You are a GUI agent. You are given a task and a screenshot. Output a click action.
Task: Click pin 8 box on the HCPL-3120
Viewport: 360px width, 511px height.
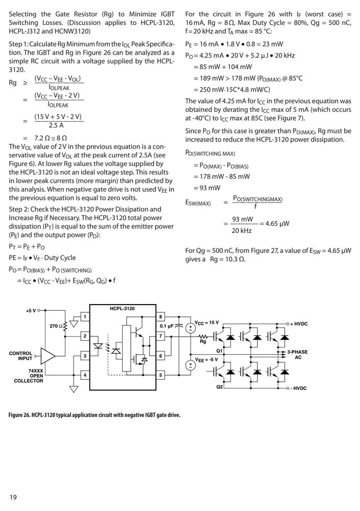point(161,317)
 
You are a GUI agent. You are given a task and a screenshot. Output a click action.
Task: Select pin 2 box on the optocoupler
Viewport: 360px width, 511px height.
point(85,336)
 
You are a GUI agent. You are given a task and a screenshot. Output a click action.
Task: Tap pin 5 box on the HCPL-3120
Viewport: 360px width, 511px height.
point(161,375)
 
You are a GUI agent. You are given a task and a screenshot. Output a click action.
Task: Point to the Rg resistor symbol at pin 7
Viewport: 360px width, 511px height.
point(203,336)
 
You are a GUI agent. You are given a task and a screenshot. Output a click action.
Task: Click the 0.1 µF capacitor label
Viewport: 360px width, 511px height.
point(167,326)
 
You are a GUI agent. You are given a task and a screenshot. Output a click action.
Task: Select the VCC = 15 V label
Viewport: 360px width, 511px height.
point(206,322)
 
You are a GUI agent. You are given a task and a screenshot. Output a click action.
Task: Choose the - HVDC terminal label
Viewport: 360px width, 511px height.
point(298,388)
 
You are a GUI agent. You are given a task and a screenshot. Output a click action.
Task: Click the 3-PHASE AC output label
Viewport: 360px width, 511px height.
point(298,355)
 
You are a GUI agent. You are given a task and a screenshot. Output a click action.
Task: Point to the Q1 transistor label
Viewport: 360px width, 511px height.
point(219,351)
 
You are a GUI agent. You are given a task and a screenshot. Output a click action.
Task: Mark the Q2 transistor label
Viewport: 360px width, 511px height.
point(219,387)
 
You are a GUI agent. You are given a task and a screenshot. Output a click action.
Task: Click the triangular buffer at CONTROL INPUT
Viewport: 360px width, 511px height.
point(47,356)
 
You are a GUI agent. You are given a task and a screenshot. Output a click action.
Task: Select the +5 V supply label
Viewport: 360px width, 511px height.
point(31,311)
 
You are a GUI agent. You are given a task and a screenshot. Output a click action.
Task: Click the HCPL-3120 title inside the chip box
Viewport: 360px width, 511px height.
point(122,309)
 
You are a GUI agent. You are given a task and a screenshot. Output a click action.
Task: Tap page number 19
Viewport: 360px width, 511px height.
point(13,497)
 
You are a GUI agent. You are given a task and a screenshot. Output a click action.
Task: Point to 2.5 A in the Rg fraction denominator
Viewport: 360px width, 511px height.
point(56,125)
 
